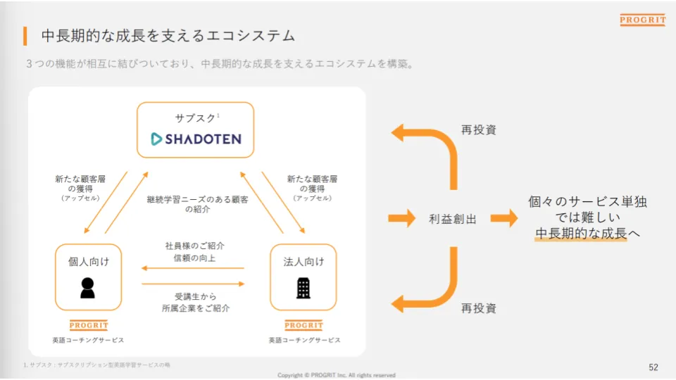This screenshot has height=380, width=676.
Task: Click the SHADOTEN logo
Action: pyautogui.click(x=196, y=139)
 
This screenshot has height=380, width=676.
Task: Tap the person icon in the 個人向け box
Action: pyautogui.click(x=87, y=287)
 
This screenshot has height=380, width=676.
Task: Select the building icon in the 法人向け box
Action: pyautogui.click(x=303, y=287)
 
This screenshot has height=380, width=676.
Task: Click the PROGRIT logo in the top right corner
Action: pyautogui.click(x=642, y=20)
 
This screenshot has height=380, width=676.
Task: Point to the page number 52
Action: pyautogui.click(x=653, y=367)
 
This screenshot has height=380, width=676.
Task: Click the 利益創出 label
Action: pyautogui.click(x=453, y=219)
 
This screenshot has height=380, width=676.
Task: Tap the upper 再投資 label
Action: pyautogui.click(x=479, y=130)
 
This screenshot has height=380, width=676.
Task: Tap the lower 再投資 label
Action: pyautogui.click(x=479, y=308)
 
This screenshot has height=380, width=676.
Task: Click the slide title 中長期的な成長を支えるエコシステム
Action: pyautogui.click(x=168, y=35)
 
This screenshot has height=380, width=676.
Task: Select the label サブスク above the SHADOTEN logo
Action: pyautogui.click(x=194, y=118)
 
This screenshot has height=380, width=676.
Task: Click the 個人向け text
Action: pyautogui.click(x=88, y=262)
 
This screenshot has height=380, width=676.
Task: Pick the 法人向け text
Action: pyautogui.click(x=303, y=262)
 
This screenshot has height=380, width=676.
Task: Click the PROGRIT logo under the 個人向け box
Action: pyautogui.click(x=89, y=325)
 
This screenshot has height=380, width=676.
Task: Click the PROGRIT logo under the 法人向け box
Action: pyautogui.click(x=303, y=325)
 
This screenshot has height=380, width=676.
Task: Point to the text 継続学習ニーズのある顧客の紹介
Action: pyautogui.click(x=197, y=204)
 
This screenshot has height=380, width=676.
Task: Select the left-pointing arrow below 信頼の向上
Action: pyautogui.click(x=192, y=268)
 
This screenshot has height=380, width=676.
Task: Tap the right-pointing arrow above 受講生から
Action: pyautogui.click(x=192, y=284)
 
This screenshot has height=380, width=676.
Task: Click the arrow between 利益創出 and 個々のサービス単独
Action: pyautogui.click(x=503, y=218)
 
